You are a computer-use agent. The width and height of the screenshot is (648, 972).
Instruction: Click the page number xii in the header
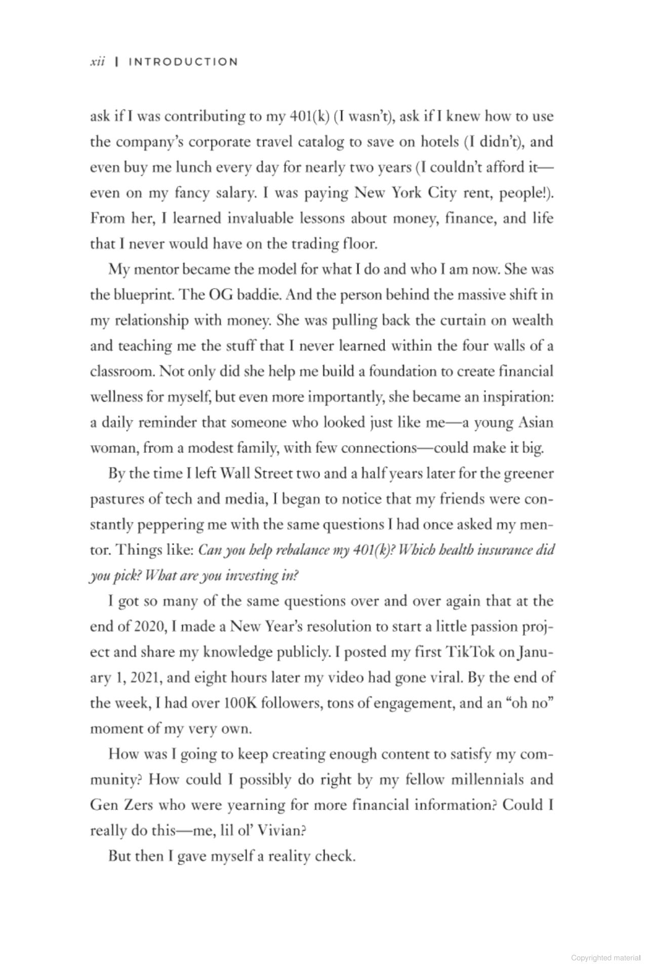(97, 62)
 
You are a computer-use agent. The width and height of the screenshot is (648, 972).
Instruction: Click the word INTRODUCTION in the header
(183, 62)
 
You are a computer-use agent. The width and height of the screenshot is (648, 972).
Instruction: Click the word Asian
(536, 422)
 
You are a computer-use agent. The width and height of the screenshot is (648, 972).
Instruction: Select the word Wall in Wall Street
(236, 473)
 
